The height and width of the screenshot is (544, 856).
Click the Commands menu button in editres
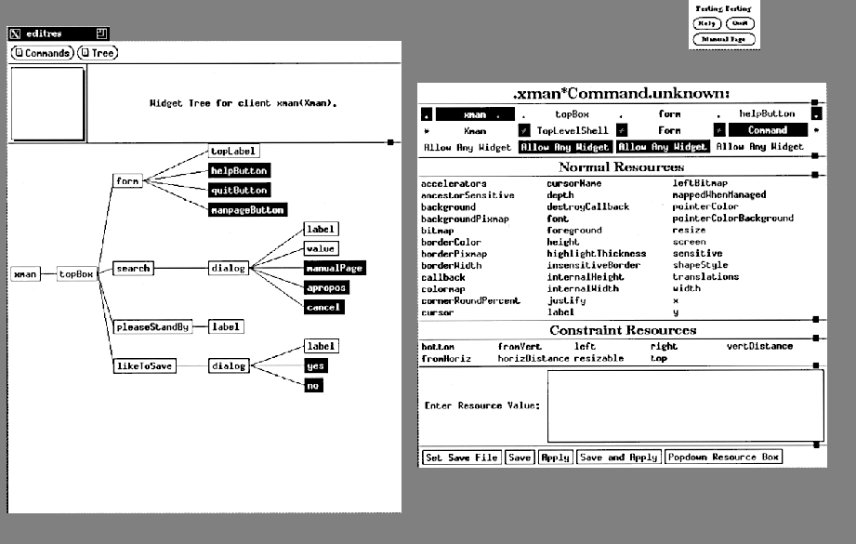point(42,53)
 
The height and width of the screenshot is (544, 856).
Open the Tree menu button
point(97,53)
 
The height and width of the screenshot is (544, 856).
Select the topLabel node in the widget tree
point(232,151)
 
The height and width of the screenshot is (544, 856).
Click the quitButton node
point(239,190)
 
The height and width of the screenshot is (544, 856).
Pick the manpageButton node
point(247,210)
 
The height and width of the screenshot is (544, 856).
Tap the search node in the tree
point(132,269)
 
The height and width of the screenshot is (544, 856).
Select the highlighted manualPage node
point(335,269)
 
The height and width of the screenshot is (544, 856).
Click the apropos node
point(325,288)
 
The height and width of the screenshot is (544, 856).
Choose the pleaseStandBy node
point(152,327)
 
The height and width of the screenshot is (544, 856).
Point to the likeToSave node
point(144,366)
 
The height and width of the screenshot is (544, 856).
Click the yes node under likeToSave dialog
point(316,366)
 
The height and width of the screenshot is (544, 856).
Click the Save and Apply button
point(619,458)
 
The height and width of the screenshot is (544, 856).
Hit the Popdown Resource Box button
point(724,458)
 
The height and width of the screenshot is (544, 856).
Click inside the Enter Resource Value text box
point(684,406)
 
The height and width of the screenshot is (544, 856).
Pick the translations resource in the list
point(705,276)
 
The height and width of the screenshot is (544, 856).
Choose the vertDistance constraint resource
point(759,346)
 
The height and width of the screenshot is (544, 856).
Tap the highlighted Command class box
point(767,131)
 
